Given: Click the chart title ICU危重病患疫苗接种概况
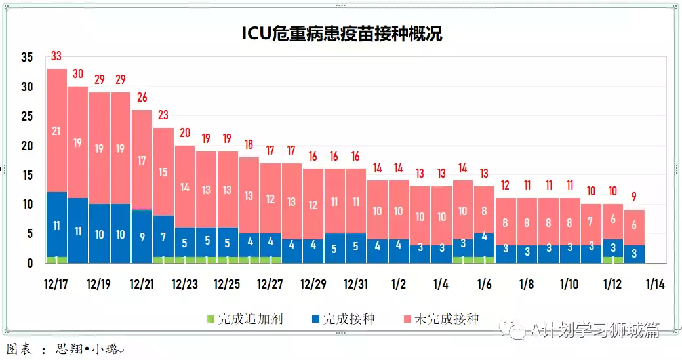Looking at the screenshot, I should coord(341,33).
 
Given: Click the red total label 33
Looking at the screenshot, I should coord(56,56).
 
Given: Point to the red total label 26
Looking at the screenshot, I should coord(142,98).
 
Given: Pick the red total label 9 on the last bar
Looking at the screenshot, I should coord(633,196).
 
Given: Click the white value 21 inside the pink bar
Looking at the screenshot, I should coord(56,131).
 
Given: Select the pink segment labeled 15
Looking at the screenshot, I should coord(163,172).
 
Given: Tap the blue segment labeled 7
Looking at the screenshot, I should coord(163,237).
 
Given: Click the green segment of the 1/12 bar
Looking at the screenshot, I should coord(612,260).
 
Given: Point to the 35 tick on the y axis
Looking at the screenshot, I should coord(26,57).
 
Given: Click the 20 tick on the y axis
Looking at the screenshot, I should coord(26,146).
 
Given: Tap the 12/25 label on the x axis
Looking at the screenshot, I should coord(227,285).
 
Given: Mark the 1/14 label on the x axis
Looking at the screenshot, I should coord(655,285).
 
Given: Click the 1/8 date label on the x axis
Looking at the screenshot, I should coord(527,285).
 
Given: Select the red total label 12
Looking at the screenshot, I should coord(506,185).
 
